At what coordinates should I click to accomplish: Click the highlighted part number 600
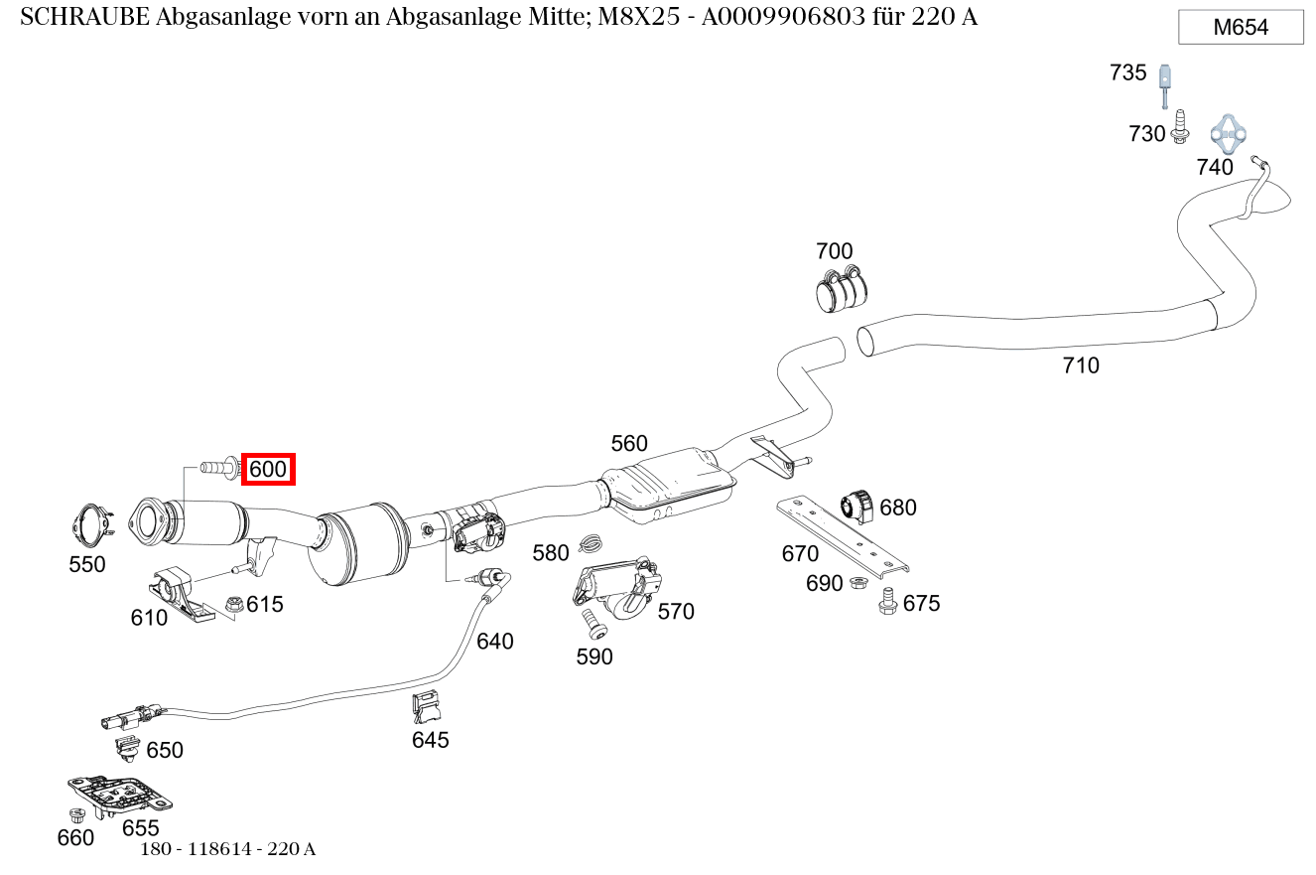[268, 469]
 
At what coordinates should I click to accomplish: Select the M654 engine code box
[1241, 28]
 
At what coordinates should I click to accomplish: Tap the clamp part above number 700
[842, 289]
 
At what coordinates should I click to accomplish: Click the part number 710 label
[1081, 365]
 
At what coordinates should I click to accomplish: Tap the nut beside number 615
[235, 603]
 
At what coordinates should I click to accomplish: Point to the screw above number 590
[594, 623]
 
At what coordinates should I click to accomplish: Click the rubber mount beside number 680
[857, 505]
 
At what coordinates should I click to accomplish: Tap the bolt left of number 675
[888, 601]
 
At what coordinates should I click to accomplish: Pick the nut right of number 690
[859, 583]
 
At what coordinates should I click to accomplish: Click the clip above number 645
[428, 707]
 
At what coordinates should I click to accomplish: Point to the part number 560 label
[629, 444]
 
